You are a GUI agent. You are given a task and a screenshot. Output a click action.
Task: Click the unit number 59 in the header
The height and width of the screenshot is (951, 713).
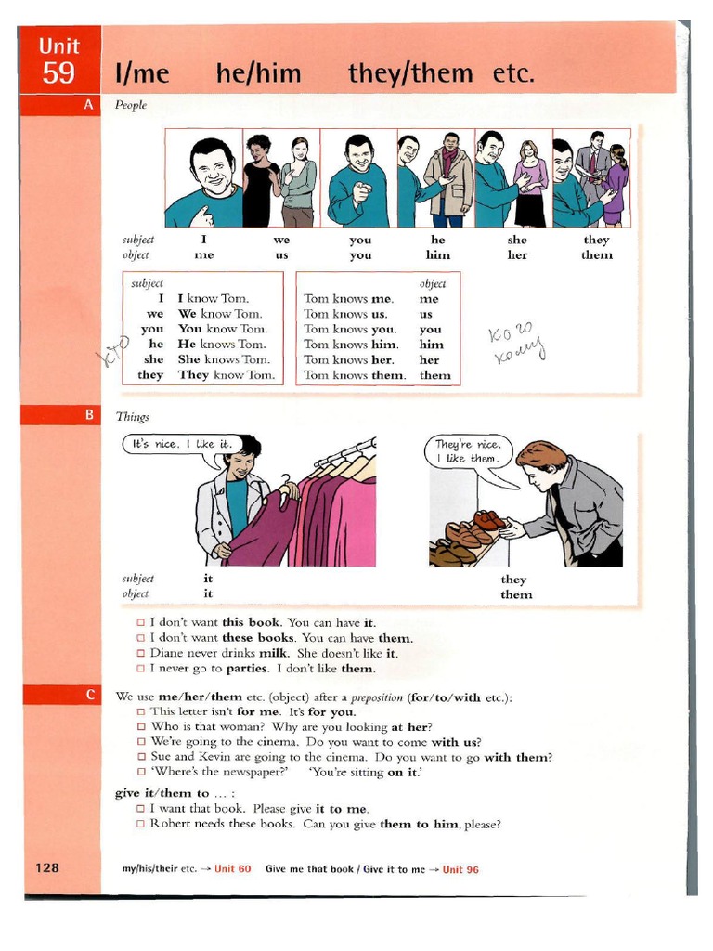coord(58,72)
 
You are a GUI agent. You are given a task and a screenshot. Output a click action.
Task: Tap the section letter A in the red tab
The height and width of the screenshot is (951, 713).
coord(88,105)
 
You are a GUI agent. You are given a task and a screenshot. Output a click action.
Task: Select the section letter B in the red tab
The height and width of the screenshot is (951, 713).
coord(88,415)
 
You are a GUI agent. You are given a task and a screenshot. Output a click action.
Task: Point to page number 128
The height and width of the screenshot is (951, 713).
coord(47,867)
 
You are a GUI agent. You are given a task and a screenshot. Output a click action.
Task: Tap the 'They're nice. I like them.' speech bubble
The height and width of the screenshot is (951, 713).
coord(469,451)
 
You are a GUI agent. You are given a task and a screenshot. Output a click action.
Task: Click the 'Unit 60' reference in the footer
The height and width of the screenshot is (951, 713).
coord(232,869)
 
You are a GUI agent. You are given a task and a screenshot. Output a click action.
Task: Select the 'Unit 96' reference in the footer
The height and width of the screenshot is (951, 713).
coord(460,869)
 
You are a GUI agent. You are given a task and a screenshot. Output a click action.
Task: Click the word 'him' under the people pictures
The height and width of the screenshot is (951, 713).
coord(438,254)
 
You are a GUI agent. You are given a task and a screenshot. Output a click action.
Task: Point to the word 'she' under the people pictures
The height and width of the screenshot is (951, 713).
coord(517,240)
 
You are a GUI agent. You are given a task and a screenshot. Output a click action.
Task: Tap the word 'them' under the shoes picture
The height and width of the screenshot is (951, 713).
coord(516,594)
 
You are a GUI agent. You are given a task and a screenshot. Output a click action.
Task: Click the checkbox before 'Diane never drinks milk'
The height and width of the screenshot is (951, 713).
coord(141,653)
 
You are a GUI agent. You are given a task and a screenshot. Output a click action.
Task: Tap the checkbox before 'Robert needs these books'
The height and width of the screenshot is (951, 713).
coord(141,824)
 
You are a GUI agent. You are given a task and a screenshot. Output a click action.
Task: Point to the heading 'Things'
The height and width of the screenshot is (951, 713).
coord(132,417)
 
